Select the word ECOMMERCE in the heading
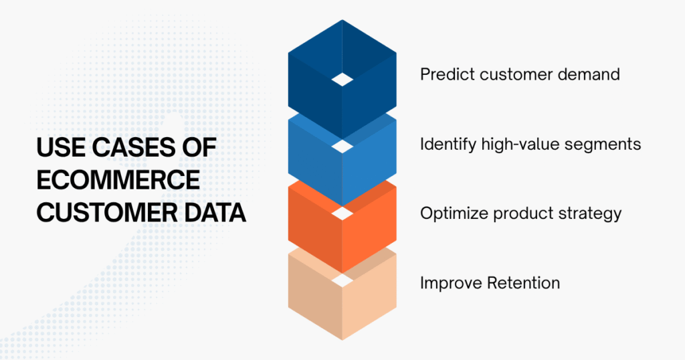(x=118, y=181)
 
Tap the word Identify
(x=446, y=144)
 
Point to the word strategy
(x=589, y=213)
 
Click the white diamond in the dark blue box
(x=342, y=80)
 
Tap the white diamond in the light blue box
(x=342, y=147)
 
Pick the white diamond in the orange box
(x=342, y=213)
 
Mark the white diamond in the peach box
(x=342, y=280)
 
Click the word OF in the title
(x=197, y=149)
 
